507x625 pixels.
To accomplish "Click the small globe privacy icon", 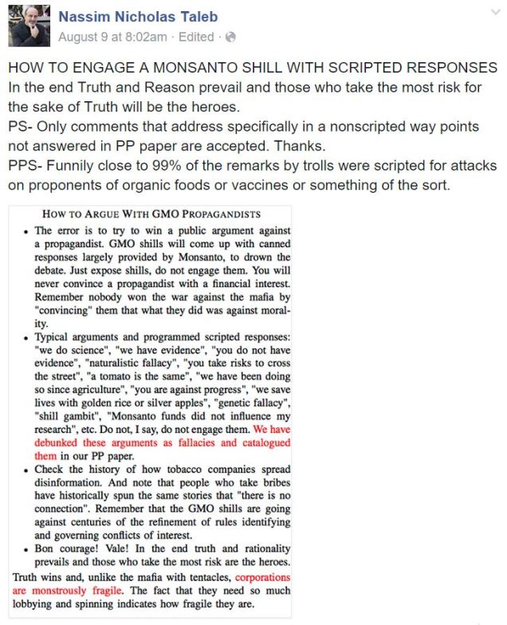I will [x=231, y=37].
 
